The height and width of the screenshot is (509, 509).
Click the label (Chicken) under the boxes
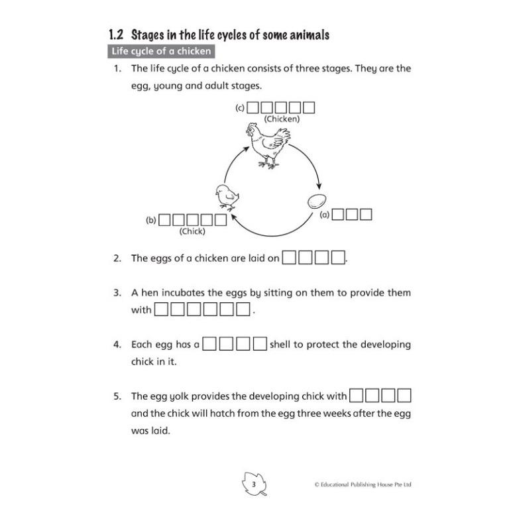[x=282, y=119]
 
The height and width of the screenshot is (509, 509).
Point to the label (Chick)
[x=192, y=231]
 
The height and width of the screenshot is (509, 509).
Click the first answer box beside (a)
[x=337, y=215]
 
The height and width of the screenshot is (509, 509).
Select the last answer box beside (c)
[x=308, y=107]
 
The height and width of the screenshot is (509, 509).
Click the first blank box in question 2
[x=290, y=258]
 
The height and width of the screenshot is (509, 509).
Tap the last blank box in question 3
[x=243, y=310]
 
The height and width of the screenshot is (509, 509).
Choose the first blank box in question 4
[x=210, y=344]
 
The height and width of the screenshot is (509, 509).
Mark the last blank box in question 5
[x=404, y=396]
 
